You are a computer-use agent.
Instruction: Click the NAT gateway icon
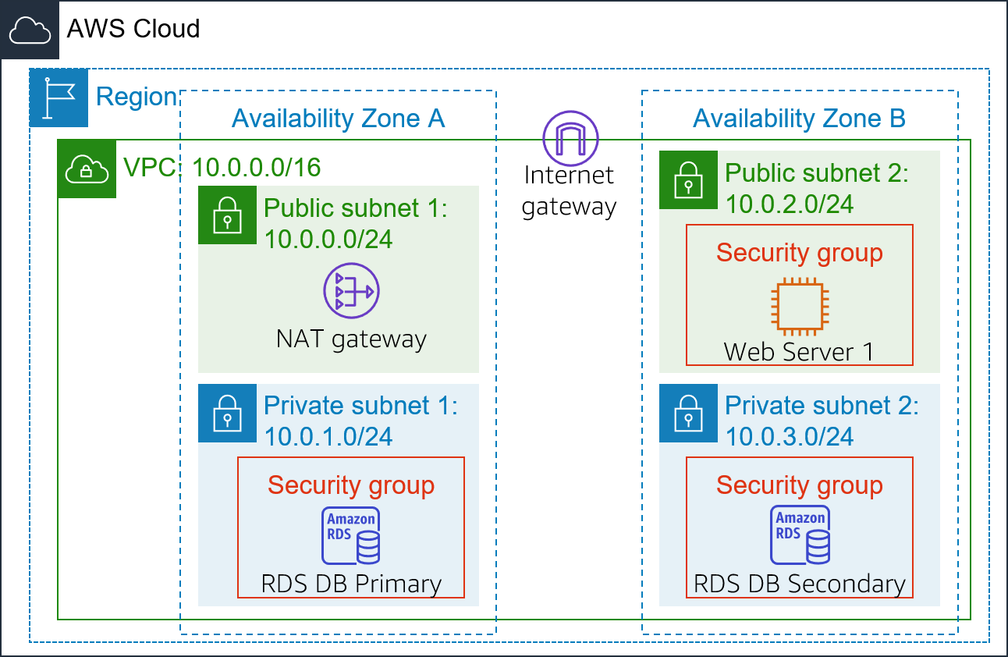coord(351,290)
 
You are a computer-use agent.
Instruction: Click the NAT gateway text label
coord(351,339)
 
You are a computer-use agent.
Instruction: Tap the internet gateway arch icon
coord(570,139)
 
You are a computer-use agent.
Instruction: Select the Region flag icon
coord(59,98)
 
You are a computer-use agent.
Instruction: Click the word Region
coord(137,98)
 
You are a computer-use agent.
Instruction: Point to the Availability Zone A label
coord(338,119)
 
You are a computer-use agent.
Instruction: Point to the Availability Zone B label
coord(799,119)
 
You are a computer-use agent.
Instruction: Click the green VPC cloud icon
coord(87,169)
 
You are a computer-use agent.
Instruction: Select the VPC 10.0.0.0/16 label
coord(222,167)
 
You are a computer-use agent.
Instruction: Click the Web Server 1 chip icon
coord(799,305)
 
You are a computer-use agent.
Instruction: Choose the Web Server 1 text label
coord(799,352)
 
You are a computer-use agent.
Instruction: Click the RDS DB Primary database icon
coord(351,535)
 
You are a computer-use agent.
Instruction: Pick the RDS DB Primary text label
coord(351,584)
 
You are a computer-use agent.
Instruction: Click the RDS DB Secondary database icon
coord(800,535)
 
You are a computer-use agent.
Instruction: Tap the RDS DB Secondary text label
coord(800,584)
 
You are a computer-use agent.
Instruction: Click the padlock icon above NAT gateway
coord(227,215)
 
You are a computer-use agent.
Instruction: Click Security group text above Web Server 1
coord(800,253)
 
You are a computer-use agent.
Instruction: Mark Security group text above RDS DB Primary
coord(351,485)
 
